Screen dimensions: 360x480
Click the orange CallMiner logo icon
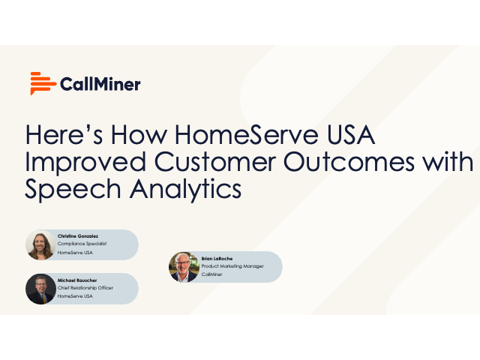[43, 83]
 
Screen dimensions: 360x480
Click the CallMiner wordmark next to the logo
[100, 84]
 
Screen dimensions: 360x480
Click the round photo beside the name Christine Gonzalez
[40, 245]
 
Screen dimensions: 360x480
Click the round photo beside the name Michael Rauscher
[40, 289]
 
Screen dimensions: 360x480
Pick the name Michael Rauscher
[77, 280]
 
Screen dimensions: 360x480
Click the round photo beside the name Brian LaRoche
[184, 267]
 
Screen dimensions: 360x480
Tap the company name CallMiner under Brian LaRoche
[214, 274]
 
